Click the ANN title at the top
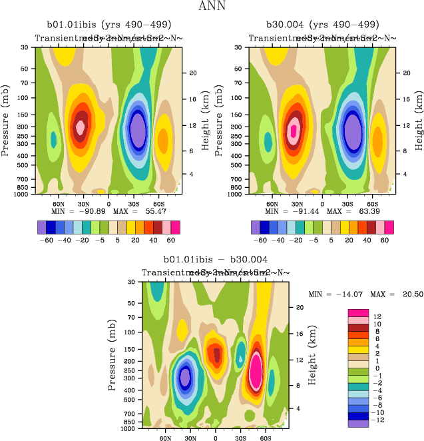click(x=211, y=7)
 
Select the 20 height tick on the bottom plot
click(x=300, y=307)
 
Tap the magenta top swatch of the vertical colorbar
click(x=358, y=313)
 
